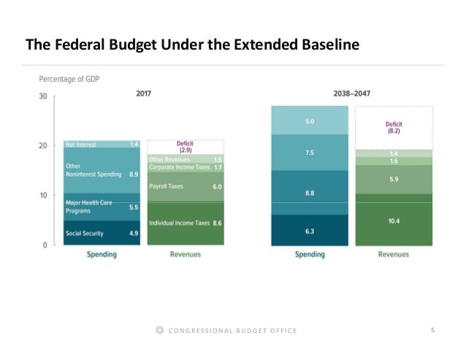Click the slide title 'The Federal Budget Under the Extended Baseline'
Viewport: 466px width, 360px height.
pyautogui.click(x=192, y=45)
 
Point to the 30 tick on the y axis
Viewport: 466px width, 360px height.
pyautogui.click(x=43, y=96)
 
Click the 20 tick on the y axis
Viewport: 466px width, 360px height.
pyautogui.click(x=43, y=146)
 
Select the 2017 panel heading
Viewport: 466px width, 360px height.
pyautogui.click(x=143, y=93)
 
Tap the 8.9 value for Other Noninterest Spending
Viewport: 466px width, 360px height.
pyautogui.click(x=133, y=175)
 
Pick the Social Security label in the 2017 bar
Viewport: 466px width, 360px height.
pyautogui.click(x=84, y=234)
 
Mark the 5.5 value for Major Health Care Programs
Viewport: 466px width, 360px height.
pyautogui.click(x=133, y=207)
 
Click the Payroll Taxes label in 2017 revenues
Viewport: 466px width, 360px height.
pyautogui.click(x=167, y=186)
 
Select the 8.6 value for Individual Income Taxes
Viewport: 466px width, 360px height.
pyautogui.click(x=217, y=223)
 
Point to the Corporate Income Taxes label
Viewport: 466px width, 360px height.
pyautogui.click(x=178, y=167)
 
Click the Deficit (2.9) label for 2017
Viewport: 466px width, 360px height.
pyautogui.click(x=185, y=146)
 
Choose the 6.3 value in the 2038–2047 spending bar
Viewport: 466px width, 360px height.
pyautogui.click(x=310, y=231)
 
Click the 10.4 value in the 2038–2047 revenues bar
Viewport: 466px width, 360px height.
pyautogui.click(x=394, y=220)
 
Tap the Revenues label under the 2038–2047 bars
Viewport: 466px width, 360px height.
pyautogui.click(x=394, y=255)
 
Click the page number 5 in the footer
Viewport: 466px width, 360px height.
pyautogui.click(x=433, y=331)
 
